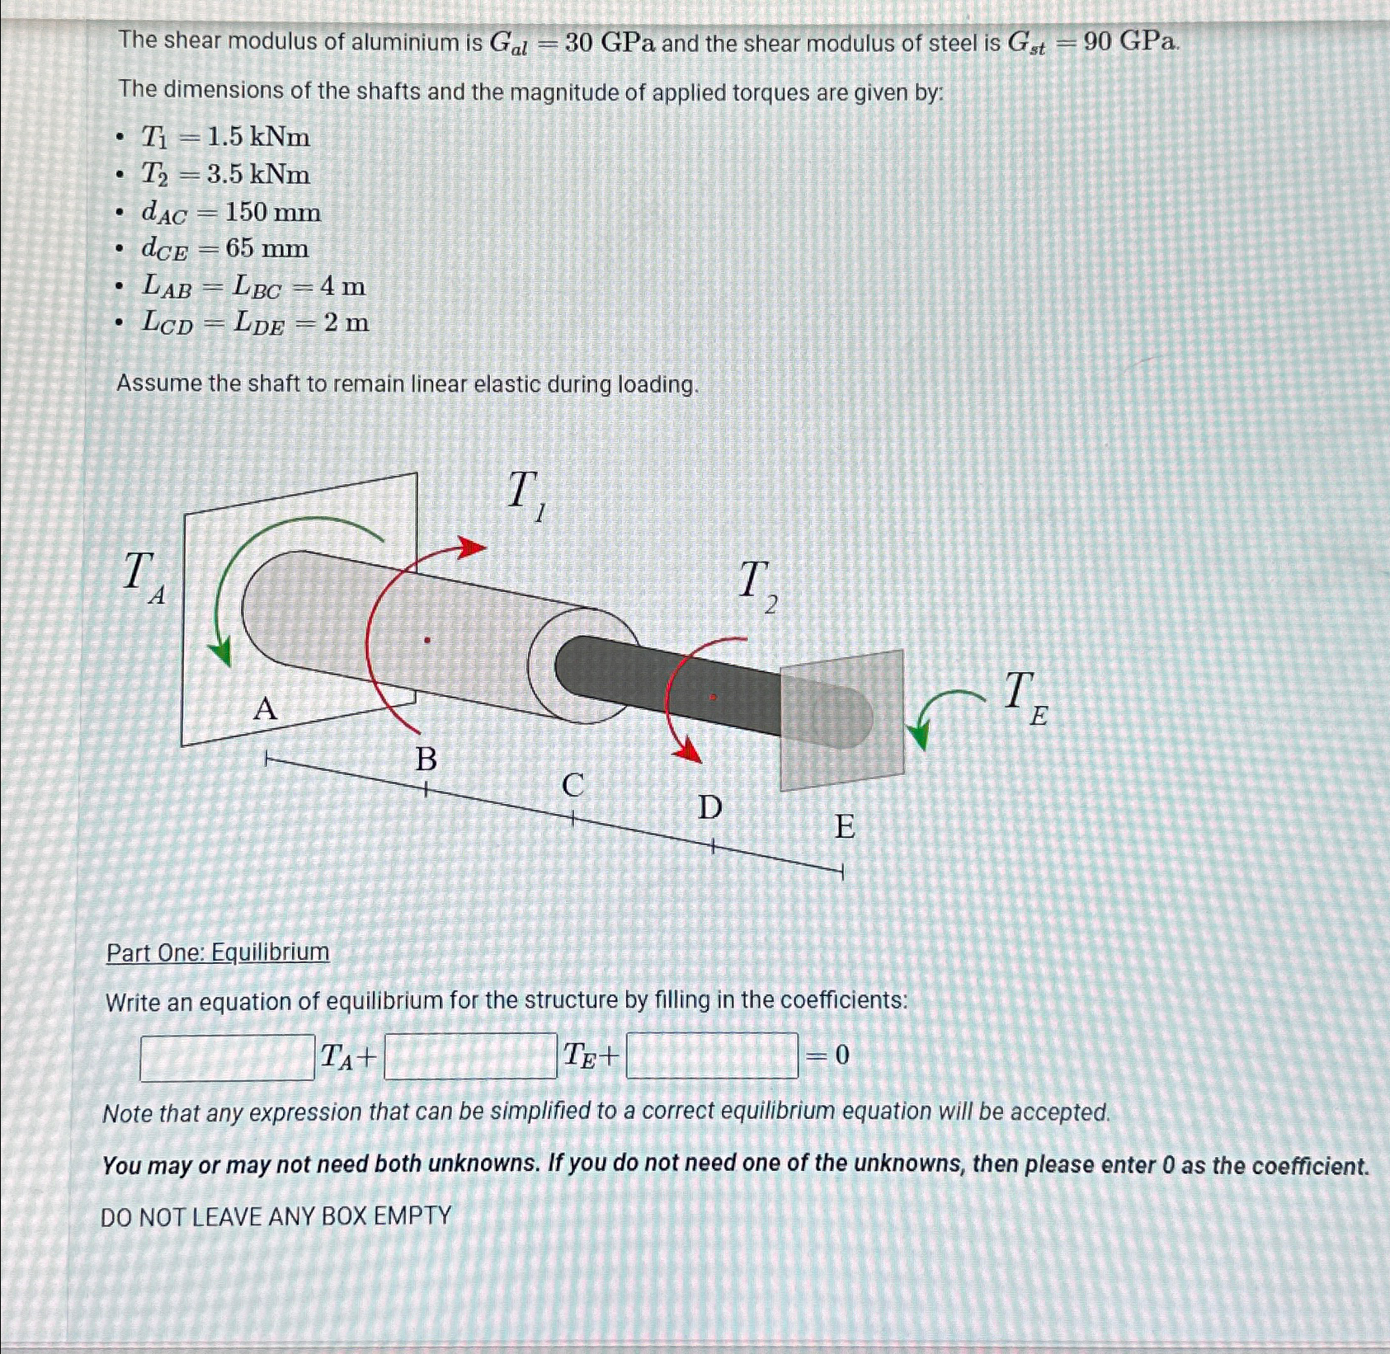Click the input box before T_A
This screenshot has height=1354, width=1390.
(x=227, y=1057)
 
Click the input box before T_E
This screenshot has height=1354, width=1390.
(x=470, y=1056)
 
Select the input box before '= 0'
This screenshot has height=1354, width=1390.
(x=712, y=1055)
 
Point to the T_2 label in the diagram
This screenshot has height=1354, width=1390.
(x=757, y=585)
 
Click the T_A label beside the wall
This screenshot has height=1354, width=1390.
(x=143, y=576)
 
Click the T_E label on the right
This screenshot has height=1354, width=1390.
(x=1025, y=697)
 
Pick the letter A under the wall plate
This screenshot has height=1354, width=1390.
(x=265, y=708)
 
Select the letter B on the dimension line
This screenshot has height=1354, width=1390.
(x=426, y=759)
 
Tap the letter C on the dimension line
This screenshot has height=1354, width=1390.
(x=572, y=785)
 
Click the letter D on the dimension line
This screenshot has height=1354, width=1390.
(x=710, y=808)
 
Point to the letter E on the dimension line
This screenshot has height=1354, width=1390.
(x=845, y=826)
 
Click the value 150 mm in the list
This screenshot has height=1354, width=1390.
(x=272, y=213)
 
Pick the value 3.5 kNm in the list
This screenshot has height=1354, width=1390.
(x=258, y=175)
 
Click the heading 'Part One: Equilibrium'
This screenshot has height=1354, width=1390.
(x=218, y=953)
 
